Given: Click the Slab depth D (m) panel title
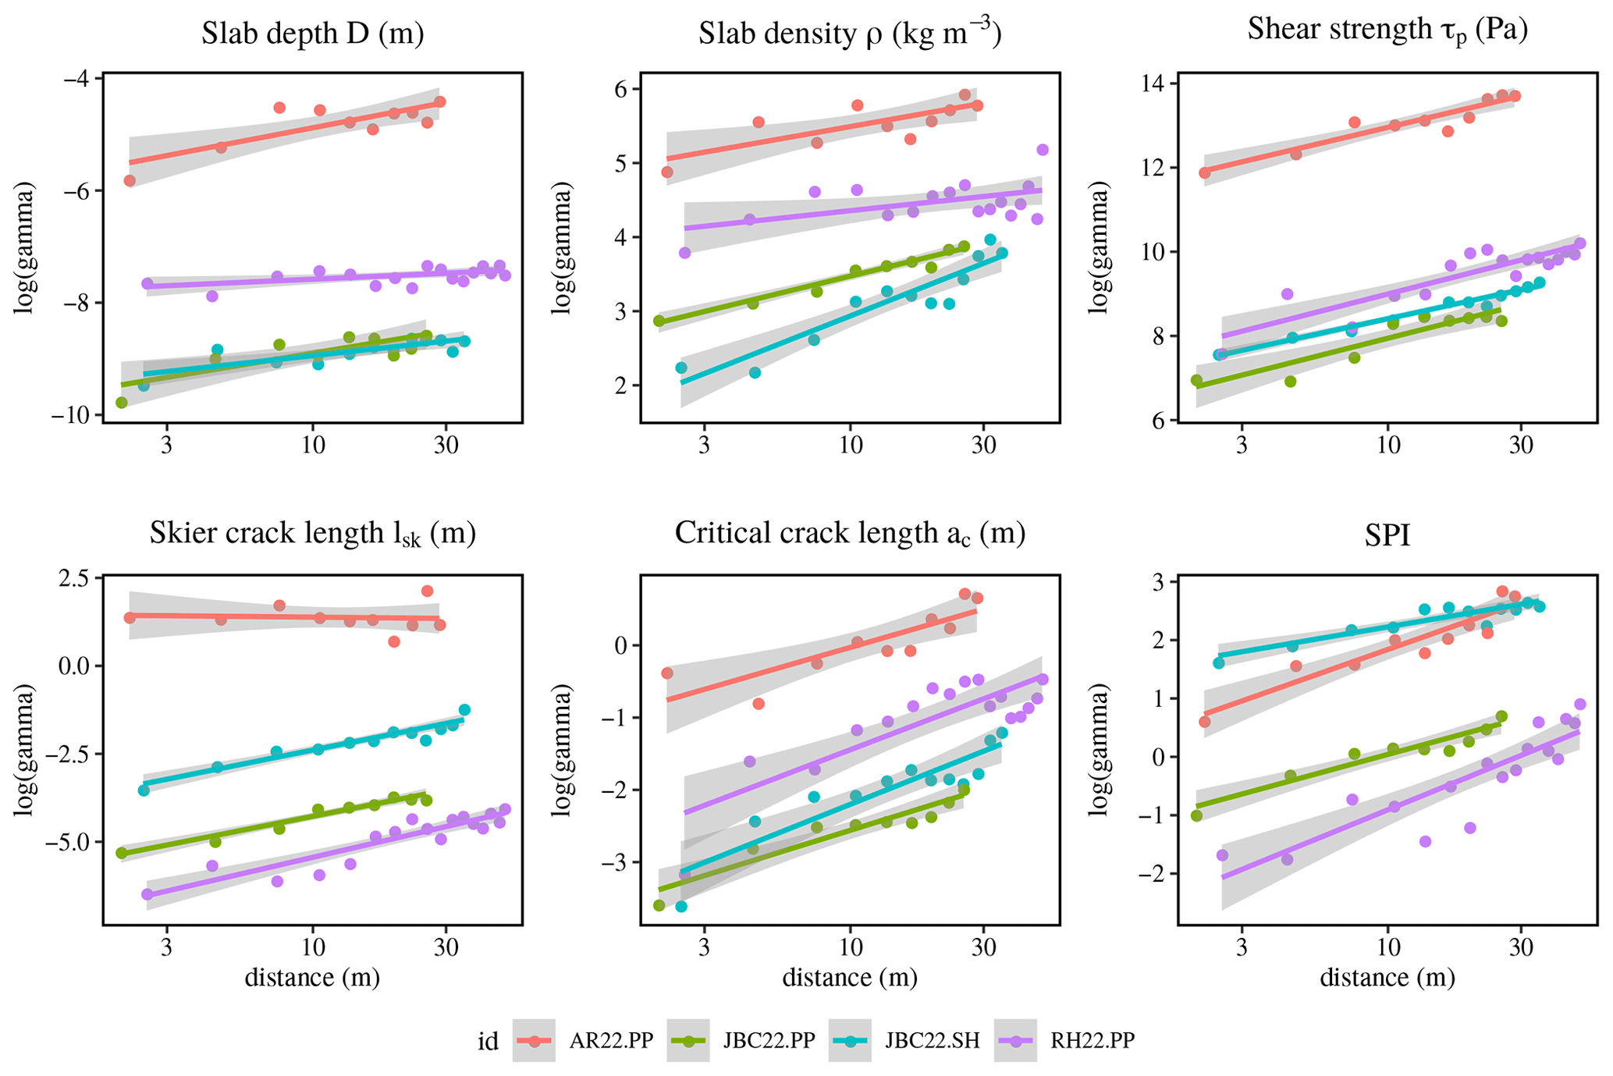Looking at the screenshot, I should click(312, 34).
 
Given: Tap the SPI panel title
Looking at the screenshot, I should click(1387, 535).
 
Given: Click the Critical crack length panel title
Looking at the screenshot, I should click(850, 534).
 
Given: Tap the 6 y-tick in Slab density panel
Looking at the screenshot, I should click(621, 89).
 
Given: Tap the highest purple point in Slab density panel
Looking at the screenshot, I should click(1043, 150).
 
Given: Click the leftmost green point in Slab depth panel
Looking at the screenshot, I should click(121, 403).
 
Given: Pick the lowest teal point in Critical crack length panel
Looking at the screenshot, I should click(680, 907).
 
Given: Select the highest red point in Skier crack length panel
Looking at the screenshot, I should click(427, 591).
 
